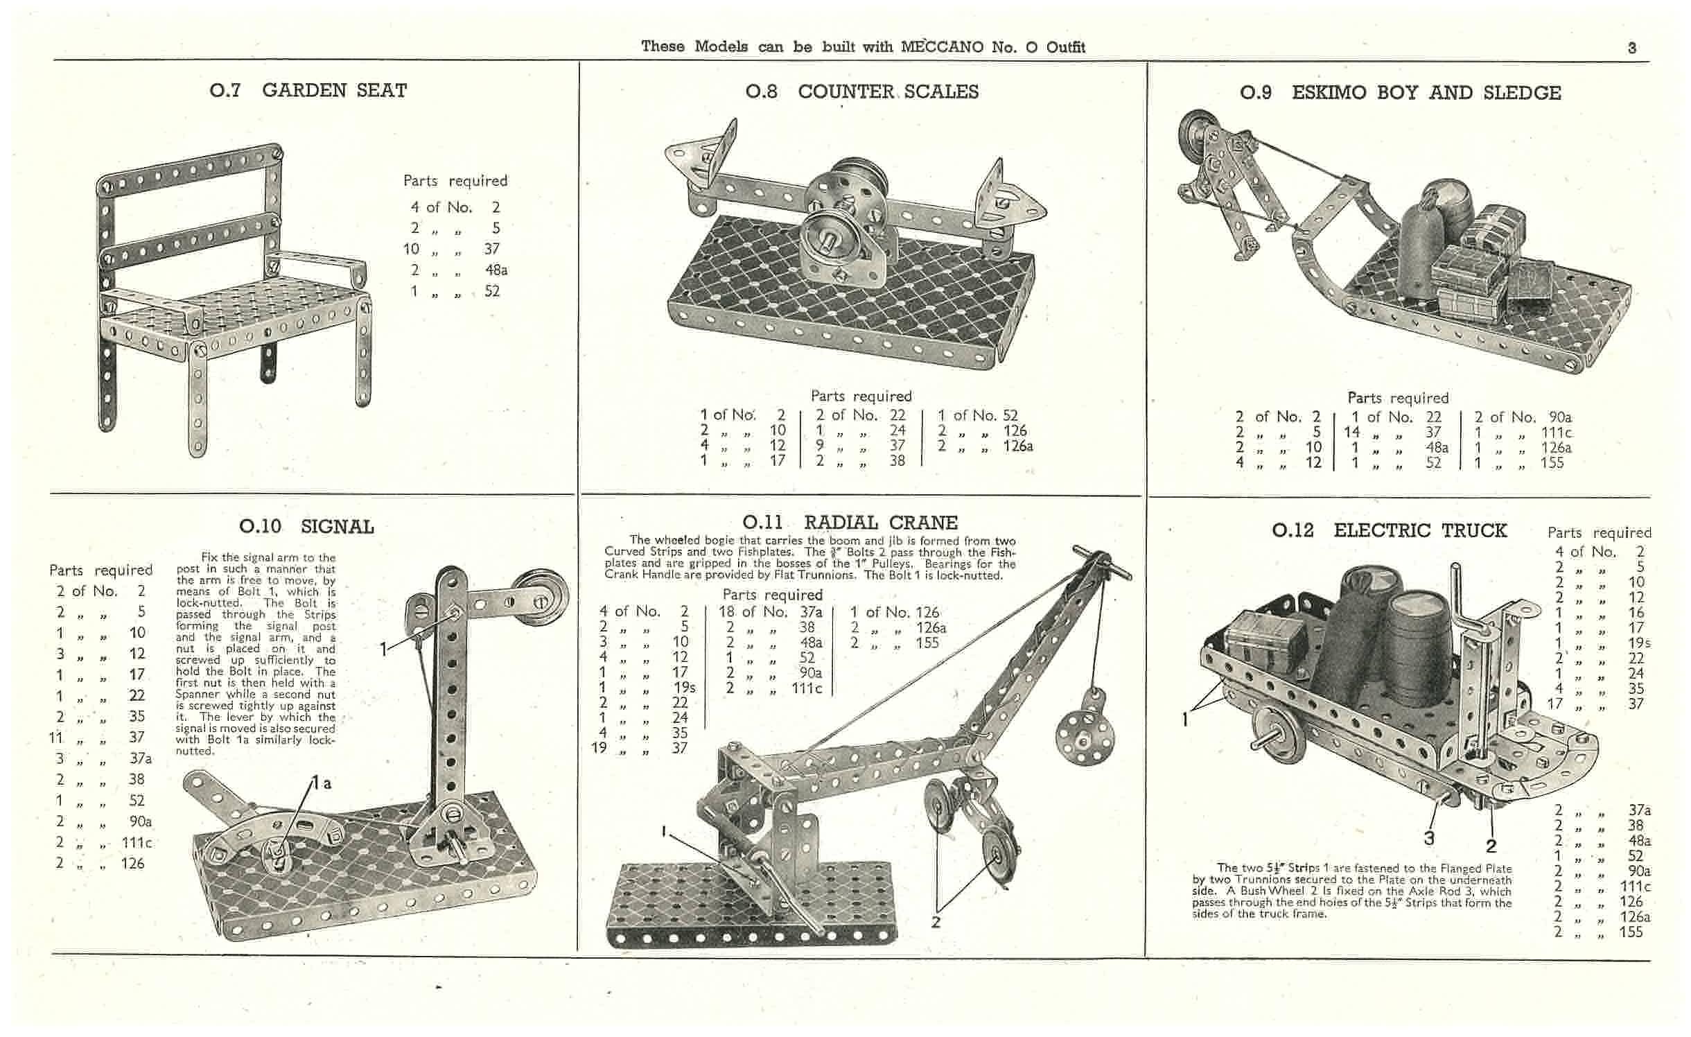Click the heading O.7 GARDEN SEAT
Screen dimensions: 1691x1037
pyautogui.click(x=308, y=90)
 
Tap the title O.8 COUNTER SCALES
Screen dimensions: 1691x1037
pyautogui.click(x=862, y=91)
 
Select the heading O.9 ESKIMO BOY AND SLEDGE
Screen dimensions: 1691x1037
pyautogui.click(x=1401, y=93)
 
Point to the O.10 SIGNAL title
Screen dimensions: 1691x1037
pyautogui.click(x=306, y=527)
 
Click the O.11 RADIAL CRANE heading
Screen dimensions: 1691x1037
pyautogui.click(x=850, y=523)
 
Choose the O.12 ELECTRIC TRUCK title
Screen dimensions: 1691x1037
pyautogui.click(x=1390, y=531)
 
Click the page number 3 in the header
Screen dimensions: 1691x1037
pyautogui.click(x=1632, y=48)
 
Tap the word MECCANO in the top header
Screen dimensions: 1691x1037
pyautogui.click(x=943, y=47)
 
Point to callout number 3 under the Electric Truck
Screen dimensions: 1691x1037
pyautogui.click(x=1428, y=838)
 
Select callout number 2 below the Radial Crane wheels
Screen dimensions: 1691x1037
pyautogui.click(x=936, y=922)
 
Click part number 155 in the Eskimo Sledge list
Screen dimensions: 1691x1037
pyautogui.click(x=1552, y=462)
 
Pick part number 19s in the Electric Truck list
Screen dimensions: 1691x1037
pyautogui.click(x=1638, y=643)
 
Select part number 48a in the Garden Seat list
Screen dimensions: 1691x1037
pyautogui.click(x=496, y=270)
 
